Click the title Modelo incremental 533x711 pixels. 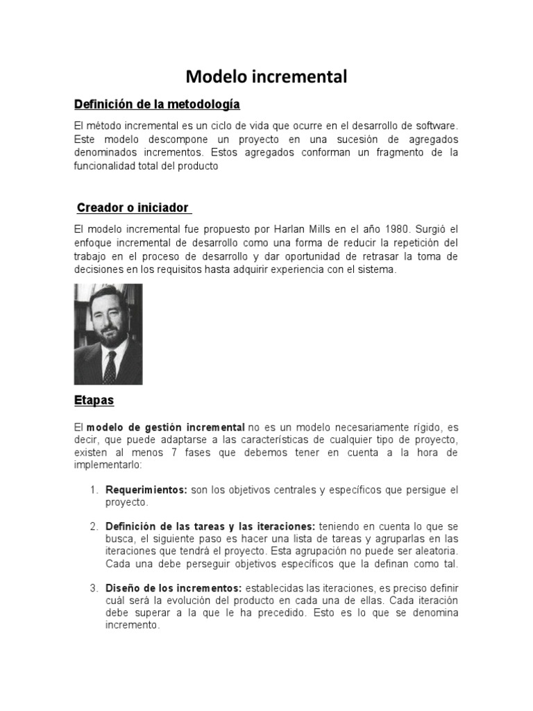(x=266, y=76)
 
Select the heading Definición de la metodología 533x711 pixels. (x=157, y=104)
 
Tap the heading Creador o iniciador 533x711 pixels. (x=133, y=208)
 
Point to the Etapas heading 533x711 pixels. (x=94, y=401)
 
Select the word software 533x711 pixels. (x=436, y=126)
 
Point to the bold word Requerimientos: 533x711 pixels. (x=146, y=490)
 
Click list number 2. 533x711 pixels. (x=94, y=526)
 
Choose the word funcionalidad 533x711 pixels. (x=107, y=166)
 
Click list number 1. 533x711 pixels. (x=94, y=490)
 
